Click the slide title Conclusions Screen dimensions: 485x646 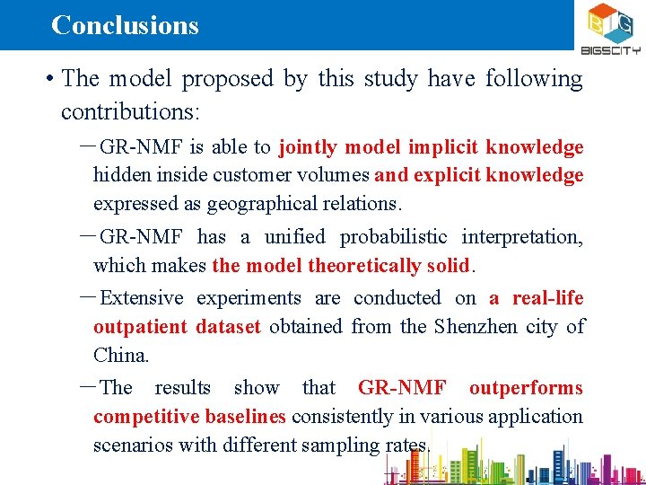[125, 24]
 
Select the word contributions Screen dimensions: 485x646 [131, 111]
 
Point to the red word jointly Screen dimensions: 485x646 [309, 147]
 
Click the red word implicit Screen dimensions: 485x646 [443, 147]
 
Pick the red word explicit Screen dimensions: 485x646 [450, 175]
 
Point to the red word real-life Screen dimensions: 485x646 [548, 298]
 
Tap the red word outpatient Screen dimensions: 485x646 [138, 327]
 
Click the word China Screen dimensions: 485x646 [120, 356]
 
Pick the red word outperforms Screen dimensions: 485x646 [526, 388]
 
